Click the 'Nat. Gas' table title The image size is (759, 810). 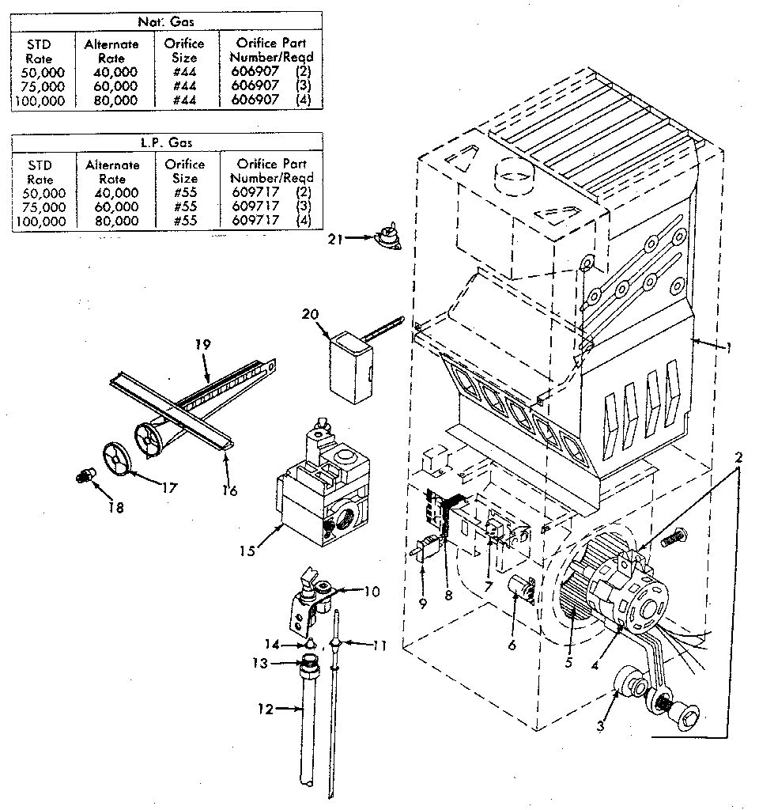pyautogui.click(x=167, y=18)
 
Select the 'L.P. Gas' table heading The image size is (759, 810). pyautogui.click(x=167, y=143)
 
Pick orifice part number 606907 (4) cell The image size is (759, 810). pyautogui.click(x=271, y=100)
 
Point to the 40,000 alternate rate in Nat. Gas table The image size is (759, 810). pyautogui.click(x=111, y=72)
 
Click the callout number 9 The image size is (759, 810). pyautogui.click(x=423, y=604)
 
